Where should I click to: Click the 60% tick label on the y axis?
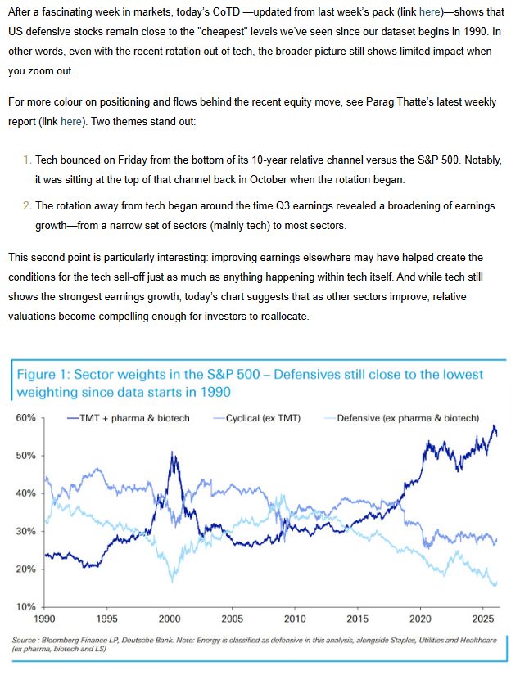click(x=25, y=418)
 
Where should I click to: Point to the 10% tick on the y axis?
click(x=25, y=607)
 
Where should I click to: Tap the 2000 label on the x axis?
click(x=169, y=619)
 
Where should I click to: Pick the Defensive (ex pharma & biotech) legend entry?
click(x=408, y=418)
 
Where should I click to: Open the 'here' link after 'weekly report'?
click(x=70, y=122)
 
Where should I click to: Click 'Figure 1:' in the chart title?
click(x=43, y=375)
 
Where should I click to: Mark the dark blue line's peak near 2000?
click(x=173, y=452)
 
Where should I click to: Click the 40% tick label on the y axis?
click(x=25, y=493)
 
